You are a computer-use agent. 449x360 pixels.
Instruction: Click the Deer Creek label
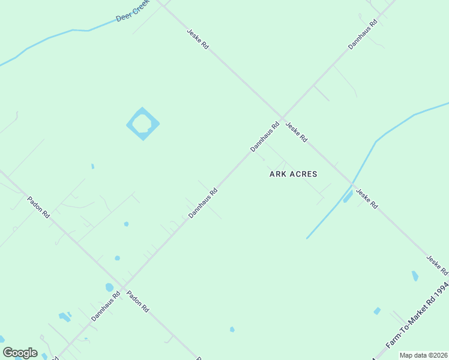tap(131, 12)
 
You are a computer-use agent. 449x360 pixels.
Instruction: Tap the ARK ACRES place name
tap(293, 174)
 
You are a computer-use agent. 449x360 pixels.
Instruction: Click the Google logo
tap(20, 353)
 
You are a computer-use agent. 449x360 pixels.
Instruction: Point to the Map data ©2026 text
tap(423, 355)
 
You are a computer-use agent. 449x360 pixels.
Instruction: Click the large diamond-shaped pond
tap(143, 124)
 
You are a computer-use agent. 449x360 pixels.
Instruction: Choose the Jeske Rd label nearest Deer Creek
tap(197, 39)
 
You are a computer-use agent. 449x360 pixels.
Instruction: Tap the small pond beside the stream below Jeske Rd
tap(348, 196)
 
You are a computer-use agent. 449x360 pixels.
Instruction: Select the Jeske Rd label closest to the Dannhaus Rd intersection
tap(297, 132)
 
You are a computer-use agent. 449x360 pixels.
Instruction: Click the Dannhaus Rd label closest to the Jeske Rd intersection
tap(265, 137)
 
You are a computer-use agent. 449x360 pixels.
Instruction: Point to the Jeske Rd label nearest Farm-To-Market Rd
tap(437, 265)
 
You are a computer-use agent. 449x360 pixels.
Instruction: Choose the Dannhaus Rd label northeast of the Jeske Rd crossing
tap(363, 34)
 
